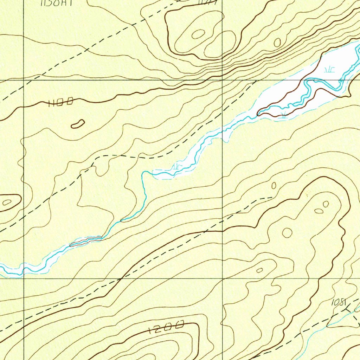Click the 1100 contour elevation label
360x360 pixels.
[61, 102]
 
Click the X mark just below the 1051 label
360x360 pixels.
[348, 309]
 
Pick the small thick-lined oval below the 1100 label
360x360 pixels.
[78, 124]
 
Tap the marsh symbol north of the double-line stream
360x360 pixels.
[329, 69]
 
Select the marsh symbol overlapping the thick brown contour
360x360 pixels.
[284, 114]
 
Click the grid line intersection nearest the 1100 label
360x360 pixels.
[24, 80]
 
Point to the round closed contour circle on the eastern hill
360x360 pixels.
[287, 232]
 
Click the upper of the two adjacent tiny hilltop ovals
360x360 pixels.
[326, 204]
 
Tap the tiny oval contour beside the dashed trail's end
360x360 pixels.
[274, 185]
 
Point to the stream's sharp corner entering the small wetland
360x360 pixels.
[143, 173]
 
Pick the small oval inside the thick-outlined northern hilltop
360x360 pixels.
[198, 34]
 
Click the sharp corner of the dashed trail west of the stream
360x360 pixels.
[93, 164]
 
